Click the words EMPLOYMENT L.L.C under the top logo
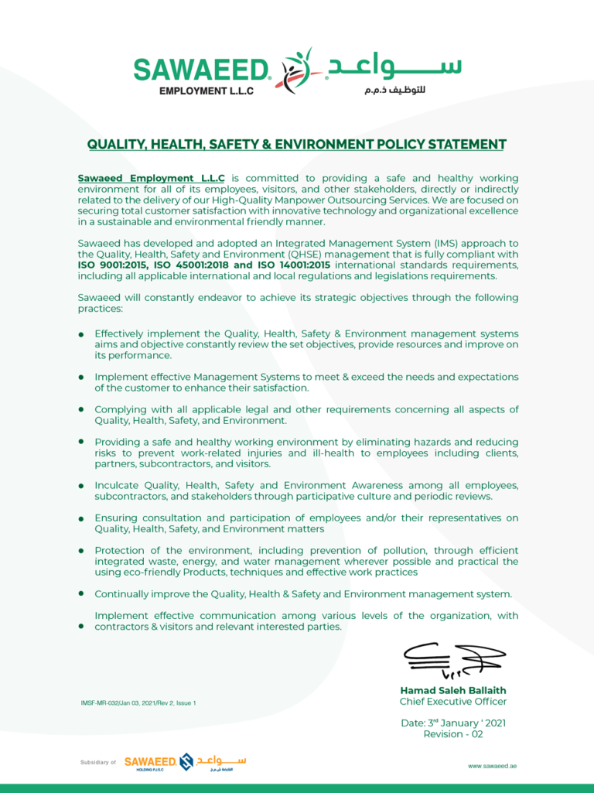coord(206,91)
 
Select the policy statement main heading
coord(296,145)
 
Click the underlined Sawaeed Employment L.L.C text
coord(152,178)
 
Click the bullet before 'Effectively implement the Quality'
coord(81,334)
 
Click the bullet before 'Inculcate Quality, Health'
coord(81,486)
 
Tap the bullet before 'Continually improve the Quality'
coord(81,593)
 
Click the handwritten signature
coord(452,659)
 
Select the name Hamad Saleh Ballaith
coord(452,690)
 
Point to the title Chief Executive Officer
coord(452,702)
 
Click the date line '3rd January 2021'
coord(452,723)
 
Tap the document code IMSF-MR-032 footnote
coord(138,703)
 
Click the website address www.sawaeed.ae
coord(492,765)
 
